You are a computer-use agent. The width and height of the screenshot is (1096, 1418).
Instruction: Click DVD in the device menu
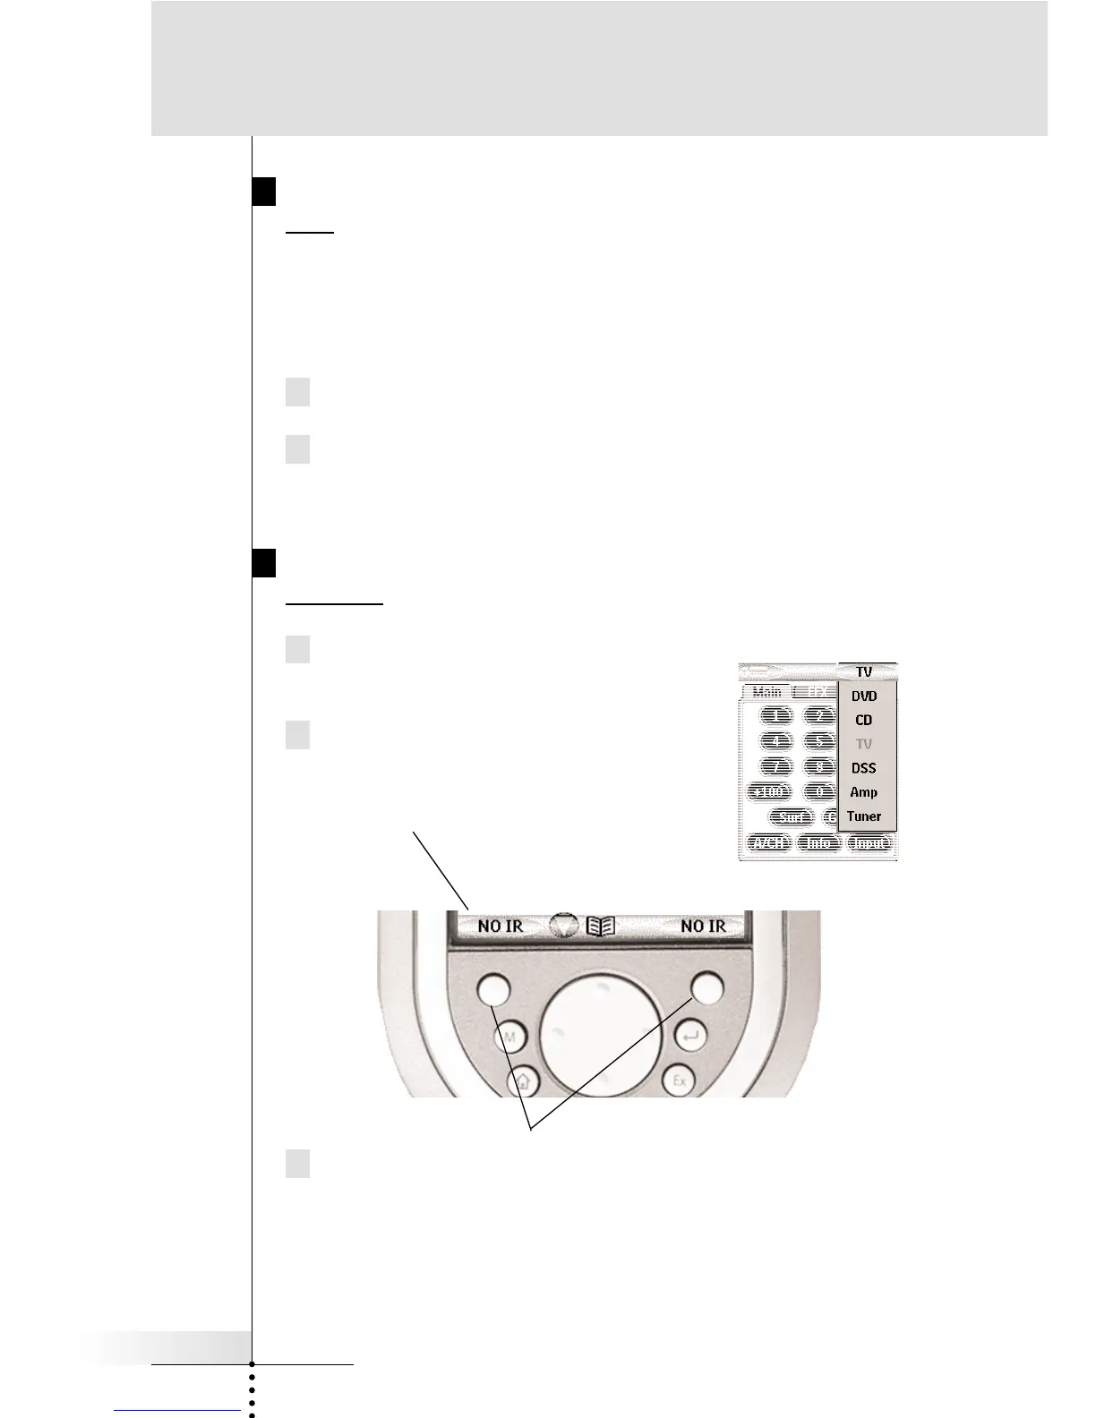(x=864, y=696)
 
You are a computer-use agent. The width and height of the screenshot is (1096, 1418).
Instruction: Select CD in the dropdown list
(x=864, y=720)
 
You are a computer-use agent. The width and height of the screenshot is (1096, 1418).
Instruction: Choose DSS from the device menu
(x=864, y=768)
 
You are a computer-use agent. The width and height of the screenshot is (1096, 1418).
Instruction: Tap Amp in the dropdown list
(x=864, y=792)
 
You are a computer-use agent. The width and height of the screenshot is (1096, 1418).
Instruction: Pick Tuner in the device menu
(x=864, y=816)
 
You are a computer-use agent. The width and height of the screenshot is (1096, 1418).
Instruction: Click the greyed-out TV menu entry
(x=864, y=744)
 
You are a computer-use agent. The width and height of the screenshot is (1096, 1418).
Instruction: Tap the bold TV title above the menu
(x=864, y=671)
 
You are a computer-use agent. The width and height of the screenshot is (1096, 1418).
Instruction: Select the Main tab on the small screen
(x=766, y=692)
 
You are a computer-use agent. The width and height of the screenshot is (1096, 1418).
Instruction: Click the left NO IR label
(x=501, y=926)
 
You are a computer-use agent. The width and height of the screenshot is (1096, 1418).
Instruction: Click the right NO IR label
(x=704, y=926)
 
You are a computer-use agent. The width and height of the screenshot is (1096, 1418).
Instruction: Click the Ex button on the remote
(x=680, y=1081)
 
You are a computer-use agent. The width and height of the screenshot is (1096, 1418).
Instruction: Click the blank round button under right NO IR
(x=706, y=987)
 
